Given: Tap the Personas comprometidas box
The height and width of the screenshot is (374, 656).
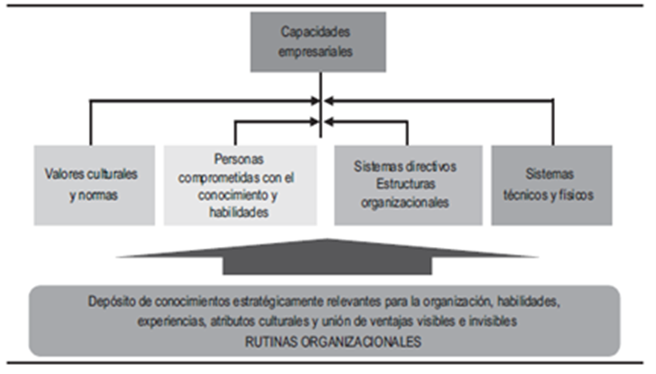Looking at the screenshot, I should (239, 185).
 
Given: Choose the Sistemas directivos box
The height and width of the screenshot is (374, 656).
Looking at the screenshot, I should (407, 185).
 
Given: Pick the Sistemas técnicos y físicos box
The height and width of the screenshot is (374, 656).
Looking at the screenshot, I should (551, 185).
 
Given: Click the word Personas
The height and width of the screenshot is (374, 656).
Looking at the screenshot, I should (239, 158).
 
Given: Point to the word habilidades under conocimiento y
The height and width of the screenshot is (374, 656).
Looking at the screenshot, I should (239, 213).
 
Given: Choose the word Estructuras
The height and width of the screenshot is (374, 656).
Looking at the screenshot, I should (407, 185).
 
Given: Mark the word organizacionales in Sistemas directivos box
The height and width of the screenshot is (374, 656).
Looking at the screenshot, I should (407, 203).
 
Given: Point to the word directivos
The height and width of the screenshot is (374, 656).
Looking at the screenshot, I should (432, 167).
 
